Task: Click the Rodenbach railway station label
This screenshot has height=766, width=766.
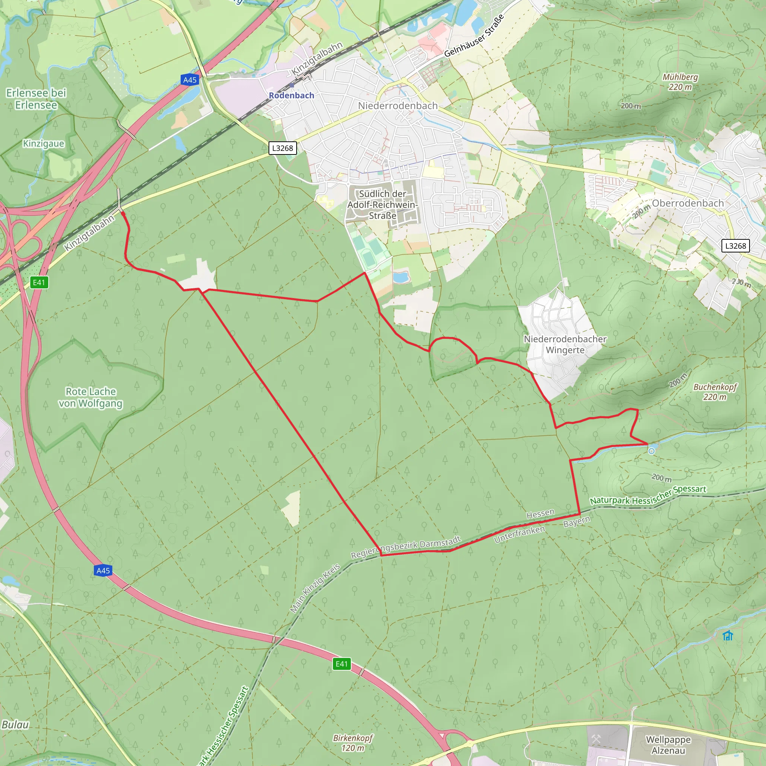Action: tap(291, 95)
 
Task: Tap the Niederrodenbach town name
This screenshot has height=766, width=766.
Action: tap(398, 106)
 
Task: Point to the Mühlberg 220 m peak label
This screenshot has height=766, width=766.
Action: tap(680, 82)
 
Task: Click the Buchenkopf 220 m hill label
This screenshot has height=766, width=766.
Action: tap(715, 392)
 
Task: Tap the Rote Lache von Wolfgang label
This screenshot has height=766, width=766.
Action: tap(91, 397)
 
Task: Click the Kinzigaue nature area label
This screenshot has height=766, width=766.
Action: tap(44, 144)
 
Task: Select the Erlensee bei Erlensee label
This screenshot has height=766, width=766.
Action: tap(36, 99)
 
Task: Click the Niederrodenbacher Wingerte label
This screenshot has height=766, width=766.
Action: tap(565, 344)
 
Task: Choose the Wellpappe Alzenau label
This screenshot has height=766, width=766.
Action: tap(668, 745)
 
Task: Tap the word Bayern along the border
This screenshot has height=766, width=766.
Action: tap(577, 521)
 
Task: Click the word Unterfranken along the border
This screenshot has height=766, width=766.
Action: tap(520, 534)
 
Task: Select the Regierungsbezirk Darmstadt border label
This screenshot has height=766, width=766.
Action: tap(406, 547)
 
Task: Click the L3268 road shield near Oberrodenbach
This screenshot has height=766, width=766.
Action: tap(735, 246)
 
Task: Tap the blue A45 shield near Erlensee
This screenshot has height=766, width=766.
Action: tap(190, 80)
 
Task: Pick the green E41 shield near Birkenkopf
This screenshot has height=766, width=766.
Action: tap(342, 664)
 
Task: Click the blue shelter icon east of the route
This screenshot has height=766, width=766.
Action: tap(727, 635)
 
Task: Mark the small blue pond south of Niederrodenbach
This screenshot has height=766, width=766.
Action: tap(401, 277)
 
